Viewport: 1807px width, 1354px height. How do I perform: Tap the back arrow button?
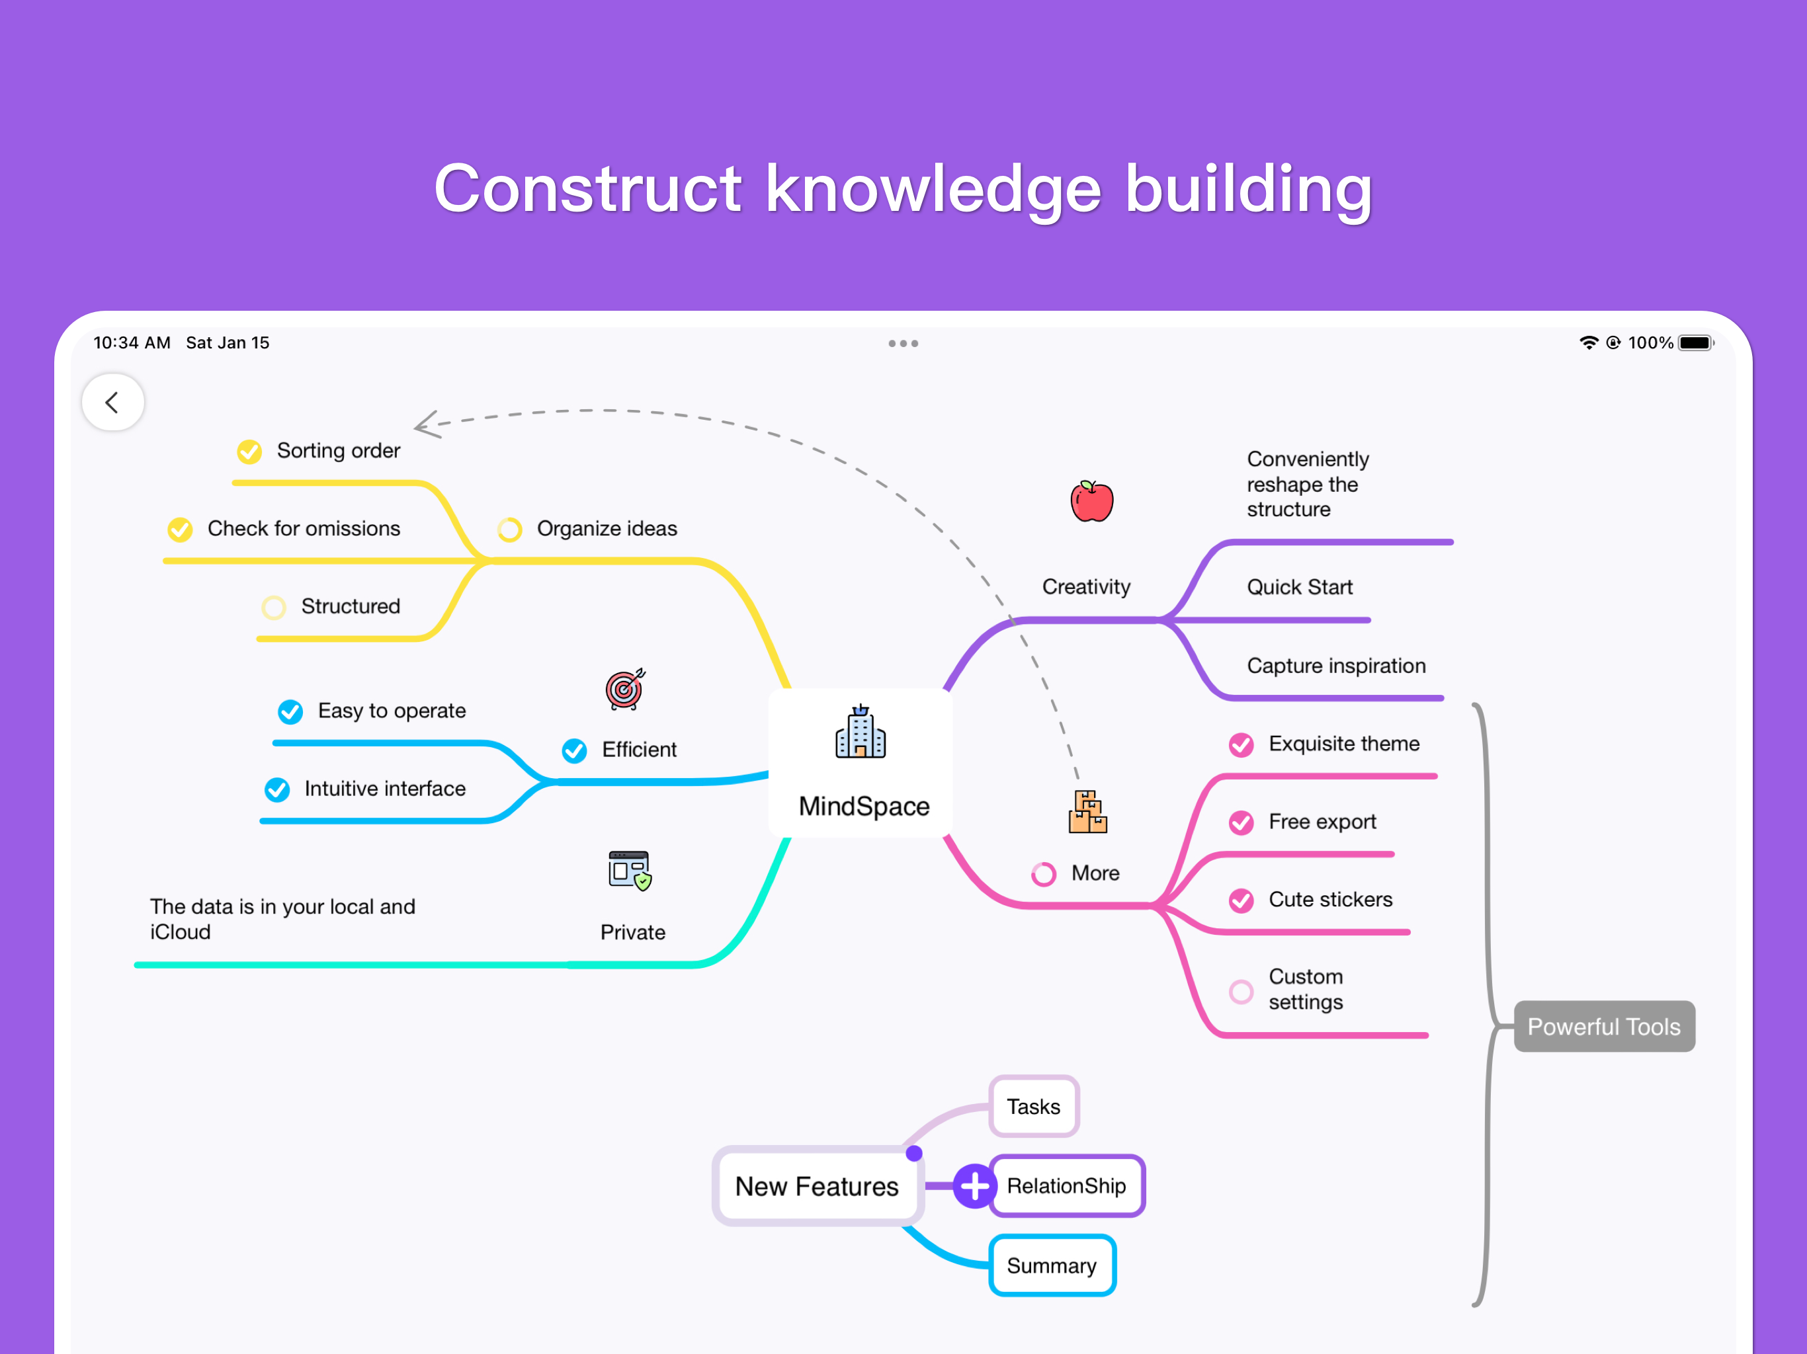click(112, 403)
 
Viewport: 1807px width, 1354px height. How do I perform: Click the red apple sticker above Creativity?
click(1091, 500)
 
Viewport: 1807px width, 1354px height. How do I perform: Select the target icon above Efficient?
click(625, 688)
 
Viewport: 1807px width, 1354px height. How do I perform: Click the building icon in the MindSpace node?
click(861, 732)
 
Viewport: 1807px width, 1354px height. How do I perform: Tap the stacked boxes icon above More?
click(1087, 812)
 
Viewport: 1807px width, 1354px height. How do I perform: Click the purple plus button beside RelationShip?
click(974, 1186)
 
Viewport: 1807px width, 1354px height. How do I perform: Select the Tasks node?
click(1033, 1107)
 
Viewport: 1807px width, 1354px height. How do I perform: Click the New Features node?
click(817, 1186)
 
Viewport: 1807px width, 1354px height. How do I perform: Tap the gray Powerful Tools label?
click(1603, 1027)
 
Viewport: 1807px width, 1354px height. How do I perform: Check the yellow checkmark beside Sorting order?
click(249, 452)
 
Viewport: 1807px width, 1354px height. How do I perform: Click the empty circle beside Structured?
click(274, 608)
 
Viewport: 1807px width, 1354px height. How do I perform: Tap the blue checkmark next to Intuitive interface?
click(277, 789)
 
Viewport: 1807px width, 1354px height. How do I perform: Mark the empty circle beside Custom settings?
click(1241, 992)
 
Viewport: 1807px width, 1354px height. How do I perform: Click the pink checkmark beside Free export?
click(1241, 822)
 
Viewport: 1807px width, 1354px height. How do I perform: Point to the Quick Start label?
click(1299, 587)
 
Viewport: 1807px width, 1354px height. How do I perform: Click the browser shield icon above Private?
click(630, 871)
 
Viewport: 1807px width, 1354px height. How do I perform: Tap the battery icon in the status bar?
click(1695, 343)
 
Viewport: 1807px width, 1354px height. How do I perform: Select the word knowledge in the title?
click(933, 190)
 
